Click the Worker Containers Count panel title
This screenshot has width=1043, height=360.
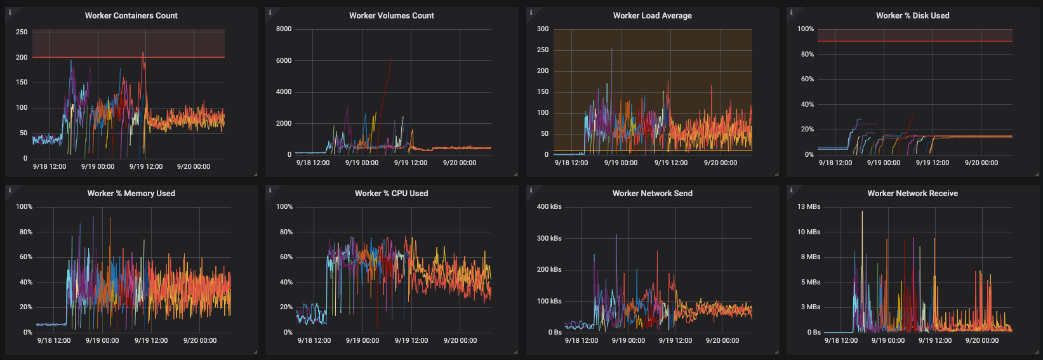131,15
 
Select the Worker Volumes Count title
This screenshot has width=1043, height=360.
391,15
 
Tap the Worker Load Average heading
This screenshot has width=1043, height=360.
652,15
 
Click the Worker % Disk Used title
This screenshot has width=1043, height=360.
912,15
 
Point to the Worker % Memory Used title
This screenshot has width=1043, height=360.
131,193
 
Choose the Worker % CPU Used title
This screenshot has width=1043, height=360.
391,193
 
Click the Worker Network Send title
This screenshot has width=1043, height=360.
652,193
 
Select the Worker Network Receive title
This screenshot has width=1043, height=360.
912,193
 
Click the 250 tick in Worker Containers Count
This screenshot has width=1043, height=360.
22,32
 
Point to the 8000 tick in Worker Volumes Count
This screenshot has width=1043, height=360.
284,29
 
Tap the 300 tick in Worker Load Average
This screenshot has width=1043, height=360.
542,29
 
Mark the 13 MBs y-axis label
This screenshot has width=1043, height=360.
809,206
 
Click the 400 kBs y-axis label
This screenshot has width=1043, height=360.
549,206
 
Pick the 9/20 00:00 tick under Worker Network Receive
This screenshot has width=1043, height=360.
981,340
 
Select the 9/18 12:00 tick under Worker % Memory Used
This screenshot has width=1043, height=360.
54,340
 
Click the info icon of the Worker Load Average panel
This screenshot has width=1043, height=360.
531,12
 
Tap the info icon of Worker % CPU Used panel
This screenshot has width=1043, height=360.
270,190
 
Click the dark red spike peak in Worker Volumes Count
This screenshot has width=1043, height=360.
391,58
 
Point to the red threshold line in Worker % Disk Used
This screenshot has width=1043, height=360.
914,41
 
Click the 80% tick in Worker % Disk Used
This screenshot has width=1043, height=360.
807,54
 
